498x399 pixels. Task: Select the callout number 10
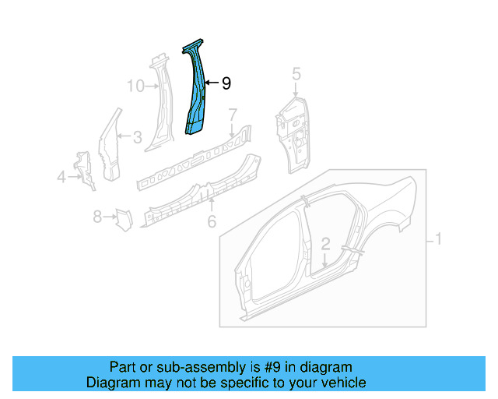coord(135,85)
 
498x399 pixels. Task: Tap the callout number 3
coord(137,138)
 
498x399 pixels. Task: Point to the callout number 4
coord(61,178)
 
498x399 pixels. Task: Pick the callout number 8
coord(98,217)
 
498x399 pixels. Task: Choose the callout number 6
coord(211,222)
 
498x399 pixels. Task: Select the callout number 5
coord(296,74)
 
